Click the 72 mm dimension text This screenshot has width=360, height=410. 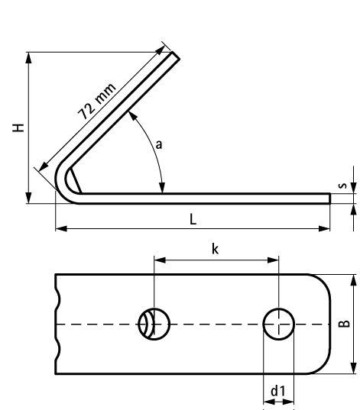coord(97,101)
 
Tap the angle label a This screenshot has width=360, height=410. coord(159,143)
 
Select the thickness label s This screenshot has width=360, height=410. coord(344,184)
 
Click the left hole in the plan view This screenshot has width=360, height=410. coord(153,324)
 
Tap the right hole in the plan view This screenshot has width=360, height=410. coord(279,324)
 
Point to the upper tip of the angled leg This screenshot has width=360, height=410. coord(174,56)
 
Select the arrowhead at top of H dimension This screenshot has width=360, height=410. coord(28,55)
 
